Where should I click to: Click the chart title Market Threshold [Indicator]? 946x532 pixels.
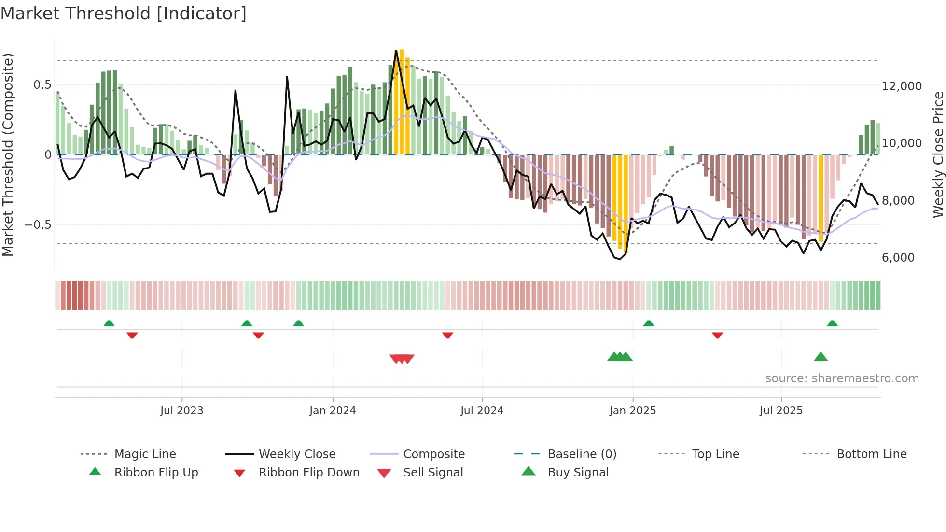tap(124, 14)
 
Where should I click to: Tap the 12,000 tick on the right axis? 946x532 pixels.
tap(901, 86)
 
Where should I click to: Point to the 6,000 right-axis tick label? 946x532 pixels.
tap(898, 258)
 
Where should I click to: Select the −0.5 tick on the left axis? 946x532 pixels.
tap(38, 225)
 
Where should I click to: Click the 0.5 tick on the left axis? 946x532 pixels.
tap(42, 85)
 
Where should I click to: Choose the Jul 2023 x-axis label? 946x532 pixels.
tap(181, 411)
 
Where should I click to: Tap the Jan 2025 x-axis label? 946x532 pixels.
tap(632, 411)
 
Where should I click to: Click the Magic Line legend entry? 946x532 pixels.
tap(145, 454)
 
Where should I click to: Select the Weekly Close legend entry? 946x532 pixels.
tap(297, 454)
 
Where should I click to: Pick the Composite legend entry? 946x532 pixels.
tap(433, 454)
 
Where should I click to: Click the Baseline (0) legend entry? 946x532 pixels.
tap(582, 454)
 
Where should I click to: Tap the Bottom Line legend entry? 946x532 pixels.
tap(871, 454)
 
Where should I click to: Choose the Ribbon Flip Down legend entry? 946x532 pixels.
tap(309, 473)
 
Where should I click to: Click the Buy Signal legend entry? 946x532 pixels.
tap(578, 473)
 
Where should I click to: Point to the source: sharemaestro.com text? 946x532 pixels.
tap(842, 378)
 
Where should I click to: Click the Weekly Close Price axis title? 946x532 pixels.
tap(938, 154)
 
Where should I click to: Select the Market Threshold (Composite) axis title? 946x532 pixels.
tap(8, 154)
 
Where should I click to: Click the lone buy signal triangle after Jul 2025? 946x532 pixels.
tap(821, 357)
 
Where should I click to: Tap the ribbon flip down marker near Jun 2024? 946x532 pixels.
tap(447, 335)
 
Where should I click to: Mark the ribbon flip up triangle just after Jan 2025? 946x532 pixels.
tap(648, 323)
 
